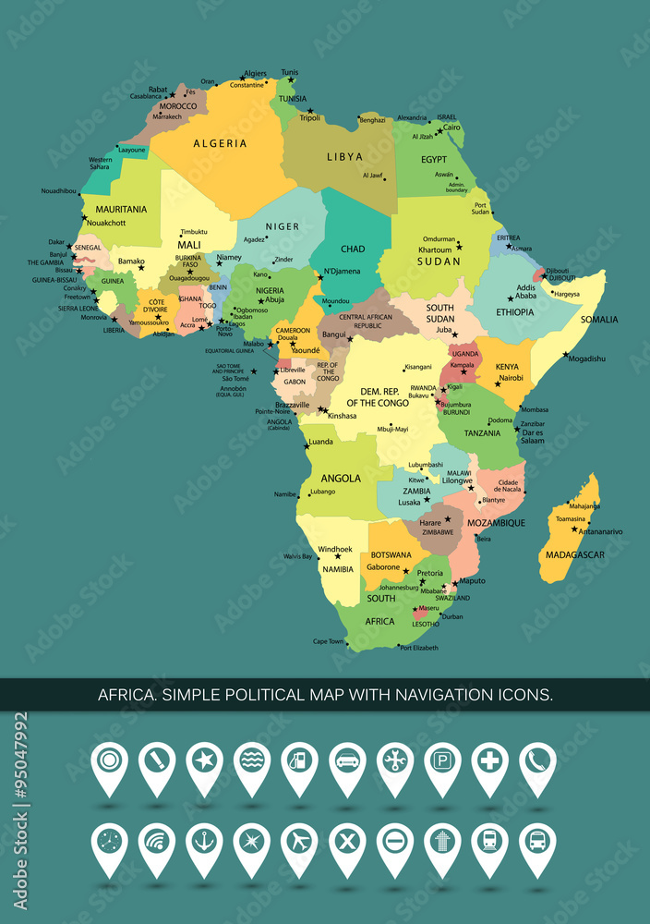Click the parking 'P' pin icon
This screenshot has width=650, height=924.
coord(442,762)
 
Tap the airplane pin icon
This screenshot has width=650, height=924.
coord(299,842)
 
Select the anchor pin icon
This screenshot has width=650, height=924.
coord(204,842)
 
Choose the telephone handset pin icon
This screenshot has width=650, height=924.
coord(537,762)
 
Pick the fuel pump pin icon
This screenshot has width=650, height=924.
coord(299,762)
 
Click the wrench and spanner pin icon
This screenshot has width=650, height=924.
coord(394,762)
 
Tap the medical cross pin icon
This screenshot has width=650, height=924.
coord(489,762)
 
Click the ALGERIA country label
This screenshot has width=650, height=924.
coord(220,143)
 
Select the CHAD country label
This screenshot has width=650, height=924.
coord(353,249)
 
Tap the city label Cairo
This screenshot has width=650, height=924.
coord(451,128)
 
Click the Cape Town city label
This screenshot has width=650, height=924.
coord(329,641)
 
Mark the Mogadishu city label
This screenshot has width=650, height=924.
coord(587,359)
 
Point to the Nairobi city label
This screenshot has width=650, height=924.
coord(512,378)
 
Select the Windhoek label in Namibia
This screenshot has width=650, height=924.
coord(335,549)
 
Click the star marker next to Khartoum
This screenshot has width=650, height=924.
coord(459,246)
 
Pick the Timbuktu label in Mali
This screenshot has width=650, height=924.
coord(194,232)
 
